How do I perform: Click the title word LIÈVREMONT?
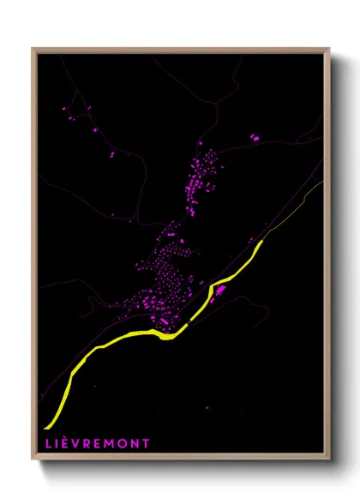95,443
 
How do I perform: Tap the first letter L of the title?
45,443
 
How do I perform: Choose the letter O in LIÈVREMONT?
123,443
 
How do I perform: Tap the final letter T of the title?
146,443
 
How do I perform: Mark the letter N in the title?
135,443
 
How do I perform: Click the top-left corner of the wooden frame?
33,48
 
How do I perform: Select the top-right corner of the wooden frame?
329,48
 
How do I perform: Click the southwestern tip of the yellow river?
48,426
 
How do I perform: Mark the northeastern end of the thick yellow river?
261,242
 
